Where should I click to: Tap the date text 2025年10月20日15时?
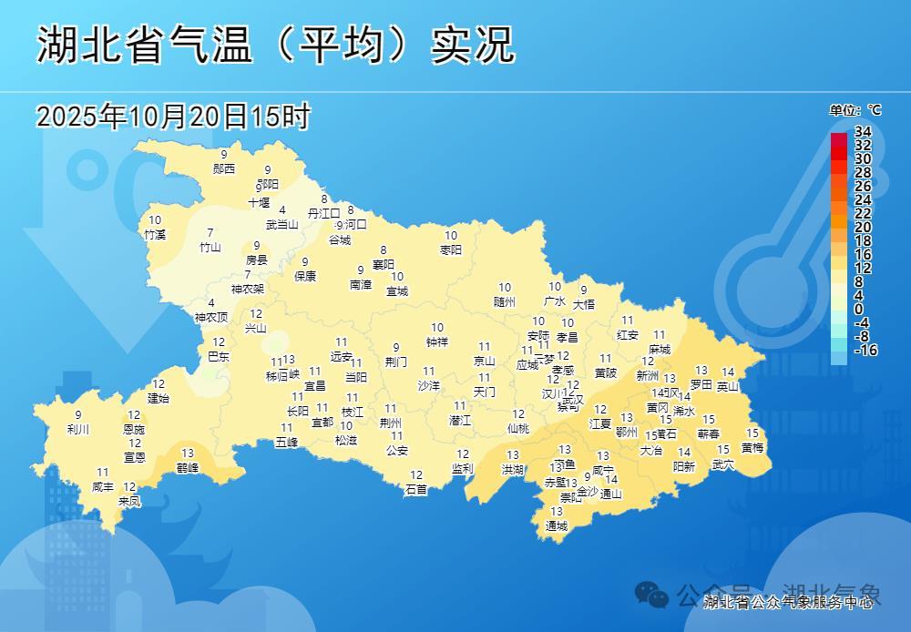pos(173,117)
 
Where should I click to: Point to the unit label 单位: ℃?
pos(855,110)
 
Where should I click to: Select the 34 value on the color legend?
pos(863,132)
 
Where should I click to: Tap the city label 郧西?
pos(224,168)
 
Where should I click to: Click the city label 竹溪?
pos(155,234)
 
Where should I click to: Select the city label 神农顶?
pos(211,318)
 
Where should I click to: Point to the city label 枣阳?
pos(451,250)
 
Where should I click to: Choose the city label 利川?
pos(78,429)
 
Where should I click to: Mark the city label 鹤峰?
pos(188,467)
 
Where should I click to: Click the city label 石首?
pos(416,489)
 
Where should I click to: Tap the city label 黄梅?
pos(752,447)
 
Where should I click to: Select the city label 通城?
pos(556,526)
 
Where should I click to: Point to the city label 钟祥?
pos(437,342)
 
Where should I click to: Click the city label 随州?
pos(505,301)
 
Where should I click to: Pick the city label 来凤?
pos(129,501)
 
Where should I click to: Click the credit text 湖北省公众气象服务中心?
pos(790,602)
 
